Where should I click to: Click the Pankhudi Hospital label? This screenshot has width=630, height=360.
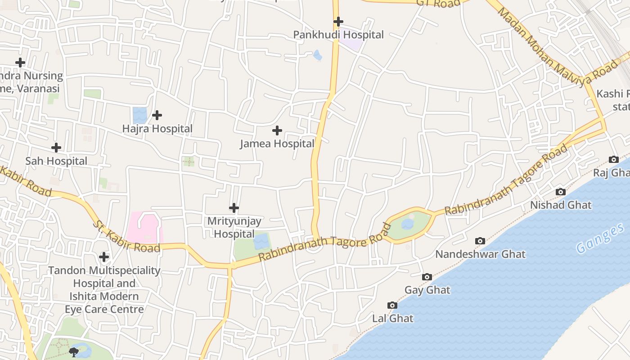338,35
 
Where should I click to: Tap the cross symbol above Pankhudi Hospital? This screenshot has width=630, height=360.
338,21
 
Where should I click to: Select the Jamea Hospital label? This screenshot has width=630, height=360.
277,144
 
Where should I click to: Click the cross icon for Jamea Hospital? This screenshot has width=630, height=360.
277,130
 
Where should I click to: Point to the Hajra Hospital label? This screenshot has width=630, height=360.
157,129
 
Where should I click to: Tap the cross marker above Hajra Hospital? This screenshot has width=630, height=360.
157,115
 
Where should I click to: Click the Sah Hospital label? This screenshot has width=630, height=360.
56,161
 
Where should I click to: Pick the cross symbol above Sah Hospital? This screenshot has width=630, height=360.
56,148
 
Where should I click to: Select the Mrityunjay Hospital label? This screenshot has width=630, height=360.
234,227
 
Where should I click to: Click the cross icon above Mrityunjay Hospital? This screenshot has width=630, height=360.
234,208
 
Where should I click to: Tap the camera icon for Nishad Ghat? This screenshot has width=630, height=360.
560,192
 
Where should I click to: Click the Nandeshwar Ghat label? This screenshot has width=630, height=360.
480,254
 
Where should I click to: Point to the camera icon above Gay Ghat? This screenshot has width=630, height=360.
427,277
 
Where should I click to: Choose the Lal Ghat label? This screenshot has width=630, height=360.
392,319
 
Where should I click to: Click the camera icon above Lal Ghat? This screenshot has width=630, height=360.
392,306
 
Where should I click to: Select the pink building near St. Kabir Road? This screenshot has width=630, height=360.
144,227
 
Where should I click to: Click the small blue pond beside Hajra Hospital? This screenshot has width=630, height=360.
139,115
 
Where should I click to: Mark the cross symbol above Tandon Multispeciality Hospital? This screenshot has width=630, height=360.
104,257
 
